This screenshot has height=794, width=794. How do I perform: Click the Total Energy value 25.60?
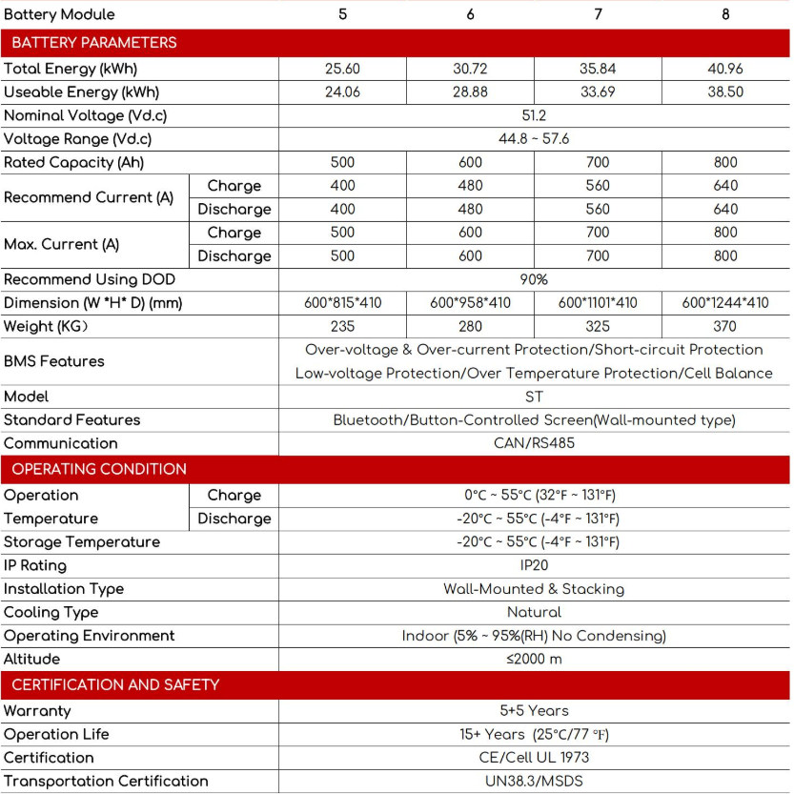342,69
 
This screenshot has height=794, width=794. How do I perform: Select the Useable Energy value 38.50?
725,92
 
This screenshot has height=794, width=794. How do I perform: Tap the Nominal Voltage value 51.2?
534,115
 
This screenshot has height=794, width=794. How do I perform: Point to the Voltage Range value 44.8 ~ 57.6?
534,139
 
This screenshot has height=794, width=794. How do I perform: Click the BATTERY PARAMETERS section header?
94,43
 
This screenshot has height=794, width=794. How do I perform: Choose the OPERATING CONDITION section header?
99,469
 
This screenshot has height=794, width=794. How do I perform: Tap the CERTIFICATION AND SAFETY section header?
115,684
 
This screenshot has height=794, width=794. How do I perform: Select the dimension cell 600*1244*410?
725,303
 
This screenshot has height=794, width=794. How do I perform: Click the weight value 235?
342,326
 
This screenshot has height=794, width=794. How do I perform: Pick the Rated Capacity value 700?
598,163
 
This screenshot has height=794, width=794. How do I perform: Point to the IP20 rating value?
534,565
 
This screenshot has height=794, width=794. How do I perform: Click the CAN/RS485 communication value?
534,443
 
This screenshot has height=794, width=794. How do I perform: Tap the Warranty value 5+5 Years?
534,711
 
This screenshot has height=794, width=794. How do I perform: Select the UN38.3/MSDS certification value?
534,782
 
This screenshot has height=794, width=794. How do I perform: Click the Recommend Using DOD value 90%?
534,280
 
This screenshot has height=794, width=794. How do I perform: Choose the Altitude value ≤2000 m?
534,659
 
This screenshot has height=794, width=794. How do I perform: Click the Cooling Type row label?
51,612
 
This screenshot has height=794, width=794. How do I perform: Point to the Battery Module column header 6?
470,14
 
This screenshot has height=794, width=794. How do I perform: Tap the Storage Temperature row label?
82,541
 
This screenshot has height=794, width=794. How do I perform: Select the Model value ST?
534,397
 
